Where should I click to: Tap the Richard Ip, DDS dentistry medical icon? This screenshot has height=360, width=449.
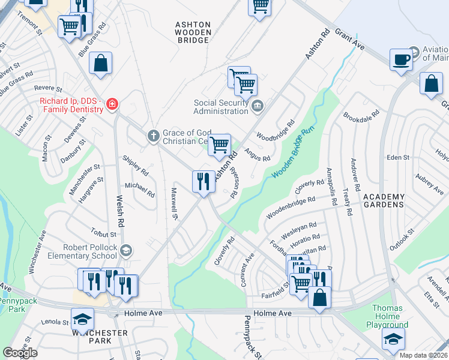tap(111, 106)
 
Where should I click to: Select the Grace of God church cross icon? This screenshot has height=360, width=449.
tap(153, 136)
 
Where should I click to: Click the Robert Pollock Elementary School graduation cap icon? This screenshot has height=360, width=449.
tap(125, 250)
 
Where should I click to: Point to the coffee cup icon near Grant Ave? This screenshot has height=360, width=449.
tap(401, 59)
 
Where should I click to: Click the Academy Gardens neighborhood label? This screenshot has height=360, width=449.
tap(384, 200)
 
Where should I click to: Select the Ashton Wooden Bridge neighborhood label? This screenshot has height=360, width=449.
tap(192, 32)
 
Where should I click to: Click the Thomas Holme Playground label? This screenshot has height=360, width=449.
tap(387, 317)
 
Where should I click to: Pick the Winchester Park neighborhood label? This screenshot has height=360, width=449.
tap(100, 337)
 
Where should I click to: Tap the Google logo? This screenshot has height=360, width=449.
tap(20, 353)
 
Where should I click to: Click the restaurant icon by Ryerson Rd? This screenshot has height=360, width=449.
tap(203, 181)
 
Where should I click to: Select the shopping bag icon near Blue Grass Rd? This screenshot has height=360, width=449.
tap(100, 63)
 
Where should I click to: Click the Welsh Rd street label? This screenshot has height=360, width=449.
tap(121, 213)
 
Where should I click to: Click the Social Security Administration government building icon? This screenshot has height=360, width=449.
tap(258, 107)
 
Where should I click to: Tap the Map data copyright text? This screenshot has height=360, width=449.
tap(415, 355)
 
